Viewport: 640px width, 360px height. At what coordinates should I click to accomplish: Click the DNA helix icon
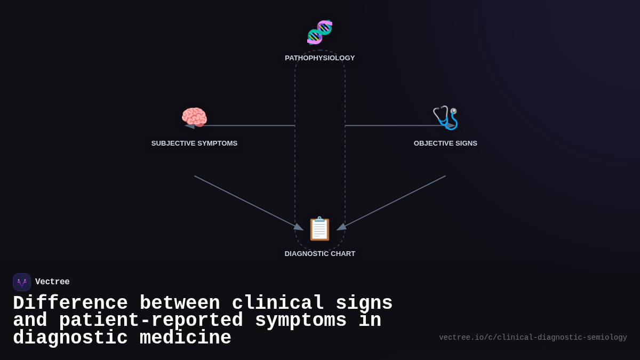tap(319, 32)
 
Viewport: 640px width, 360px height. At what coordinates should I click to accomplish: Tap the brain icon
tap(194, 117)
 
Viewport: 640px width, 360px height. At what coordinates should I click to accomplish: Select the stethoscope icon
tap(445, 117)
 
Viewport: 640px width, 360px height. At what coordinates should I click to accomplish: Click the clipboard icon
tap(319, 229)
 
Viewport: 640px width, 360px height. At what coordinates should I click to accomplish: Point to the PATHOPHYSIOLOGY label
tap(319, 58)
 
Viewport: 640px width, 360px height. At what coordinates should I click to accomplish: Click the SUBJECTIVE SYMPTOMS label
tap(194, 143)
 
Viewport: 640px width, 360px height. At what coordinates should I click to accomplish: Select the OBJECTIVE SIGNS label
tap(445, 143)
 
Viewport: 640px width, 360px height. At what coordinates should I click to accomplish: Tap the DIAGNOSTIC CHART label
tap(319, 254)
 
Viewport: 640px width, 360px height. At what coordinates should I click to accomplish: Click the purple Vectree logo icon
tap(22, 282)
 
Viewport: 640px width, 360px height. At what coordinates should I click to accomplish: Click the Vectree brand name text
tap(52, 282)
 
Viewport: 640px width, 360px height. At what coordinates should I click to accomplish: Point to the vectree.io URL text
tap(533, 338)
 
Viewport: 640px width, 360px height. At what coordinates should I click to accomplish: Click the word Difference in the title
tap(70, 303)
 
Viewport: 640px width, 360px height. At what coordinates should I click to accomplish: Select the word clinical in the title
tap(278, 303)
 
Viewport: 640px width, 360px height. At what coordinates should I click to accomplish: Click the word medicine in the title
tap(186, 338)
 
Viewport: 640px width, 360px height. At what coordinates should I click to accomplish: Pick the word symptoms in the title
tap(301, 321)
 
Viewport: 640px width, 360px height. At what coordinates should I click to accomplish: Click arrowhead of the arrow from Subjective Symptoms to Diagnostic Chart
tap(299, 228)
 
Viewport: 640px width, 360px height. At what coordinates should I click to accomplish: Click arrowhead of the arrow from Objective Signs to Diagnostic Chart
tap(341, 228)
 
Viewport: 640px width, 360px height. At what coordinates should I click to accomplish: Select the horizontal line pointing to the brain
tap(245, 126)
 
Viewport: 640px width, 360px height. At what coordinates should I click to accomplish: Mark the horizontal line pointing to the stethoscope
tap(395, 126)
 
